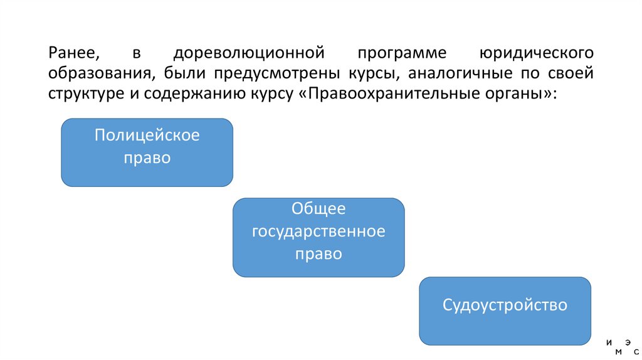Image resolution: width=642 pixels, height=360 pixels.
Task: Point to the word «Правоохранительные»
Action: tap(391, 95)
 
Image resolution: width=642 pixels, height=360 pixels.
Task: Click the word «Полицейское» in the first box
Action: tap(147, 135)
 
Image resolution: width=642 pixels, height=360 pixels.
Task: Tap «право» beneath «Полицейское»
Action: tap(147, 157)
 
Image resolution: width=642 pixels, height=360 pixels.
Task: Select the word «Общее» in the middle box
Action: tap(318, 209)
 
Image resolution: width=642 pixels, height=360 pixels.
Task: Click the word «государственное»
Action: tap(318, 231)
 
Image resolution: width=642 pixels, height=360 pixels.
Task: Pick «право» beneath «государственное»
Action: tap(318, 254)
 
